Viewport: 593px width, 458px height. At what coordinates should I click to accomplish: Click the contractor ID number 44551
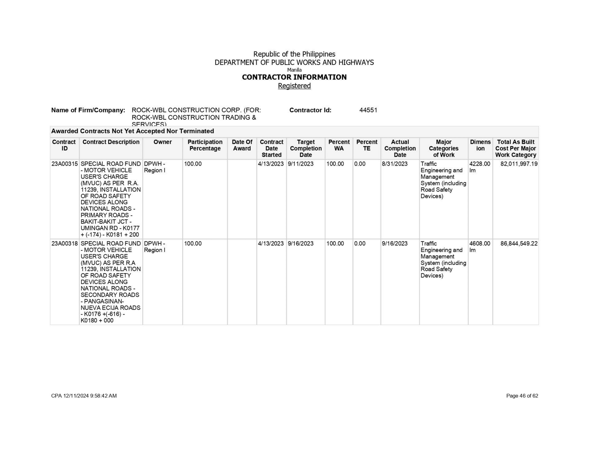[368, 110]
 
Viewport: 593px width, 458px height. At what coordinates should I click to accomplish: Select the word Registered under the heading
[294, 86]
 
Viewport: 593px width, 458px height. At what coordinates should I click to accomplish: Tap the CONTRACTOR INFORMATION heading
[294, 77]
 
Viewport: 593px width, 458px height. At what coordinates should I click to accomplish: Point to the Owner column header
[162, 142]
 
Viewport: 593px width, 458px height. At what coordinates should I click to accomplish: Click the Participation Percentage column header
[205, 145]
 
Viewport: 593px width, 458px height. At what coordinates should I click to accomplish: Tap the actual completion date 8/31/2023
[395, 164]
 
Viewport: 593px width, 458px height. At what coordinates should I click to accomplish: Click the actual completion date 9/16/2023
[395, 243]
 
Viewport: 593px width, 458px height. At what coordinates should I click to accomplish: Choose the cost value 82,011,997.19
[519, 164]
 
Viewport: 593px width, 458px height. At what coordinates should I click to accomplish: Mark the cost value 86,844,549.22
[519, 243]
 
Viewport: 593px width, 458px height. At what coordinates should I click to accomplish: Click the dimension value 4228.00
[480, 164]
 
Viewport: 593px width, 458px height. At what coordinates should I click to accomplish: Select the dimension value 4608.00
[480, 243]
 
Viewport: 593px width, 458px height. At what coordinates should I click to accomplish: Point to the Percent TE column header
[367, 145]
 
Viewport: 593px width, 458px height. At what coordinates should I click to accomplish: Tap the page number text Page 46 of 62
[522, 396]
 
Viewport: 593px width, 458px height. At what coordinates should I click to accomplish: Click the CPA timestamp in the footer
[84, 396]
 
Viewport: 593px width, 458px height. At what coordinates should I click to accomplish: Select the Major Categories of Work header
[444, 148]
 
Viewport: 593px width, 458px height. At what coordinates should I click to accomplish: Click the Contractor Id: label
[310, 110]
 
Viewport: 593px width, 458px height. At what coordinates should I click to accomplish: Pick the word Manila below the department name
[294, 70]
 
